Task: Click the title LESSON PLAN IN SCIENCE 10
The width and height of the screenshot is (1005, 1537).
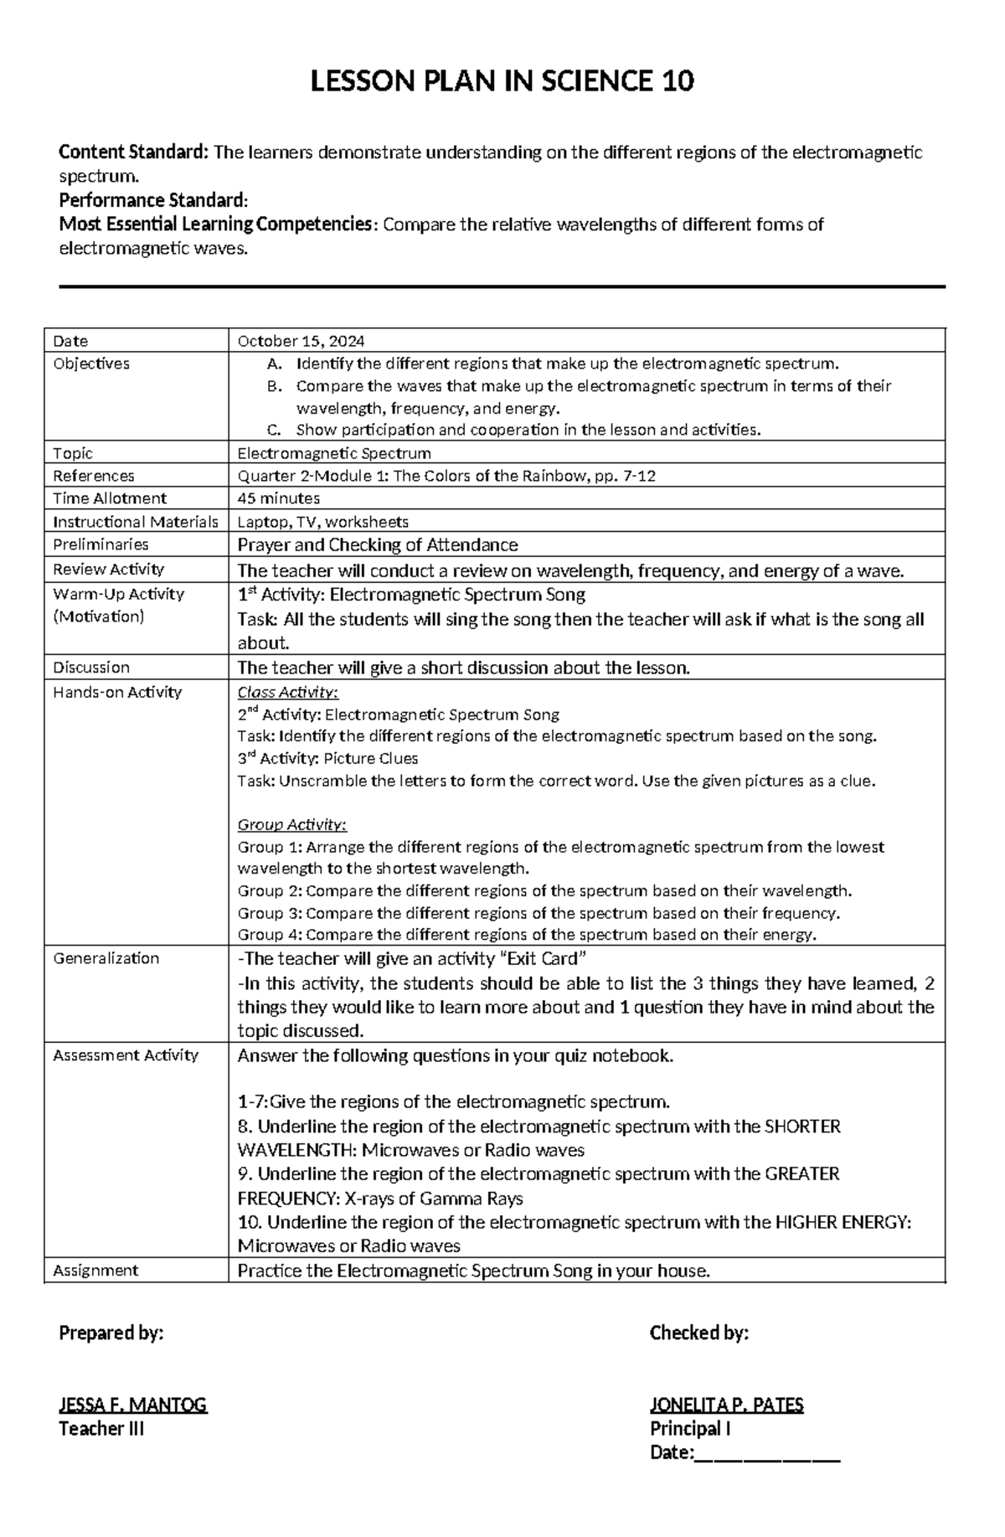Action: click(502, 82)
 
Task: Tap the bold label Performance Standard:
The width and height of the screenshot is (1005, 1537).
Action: click(153, 200)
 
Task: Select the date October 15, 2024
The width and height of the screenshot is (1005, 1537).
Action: click(301, 341)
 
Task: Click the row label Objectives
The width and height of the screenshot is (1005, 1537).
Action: click(91, 364)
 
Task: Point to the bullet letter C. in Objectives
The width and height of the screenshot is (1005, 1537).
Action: click(273, 431)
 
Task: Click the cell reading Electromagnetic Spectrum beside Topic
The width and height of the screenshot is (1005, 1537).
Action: click(334, 453)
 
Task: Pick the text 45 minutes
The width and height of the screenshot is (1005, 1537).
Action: click(279, 498)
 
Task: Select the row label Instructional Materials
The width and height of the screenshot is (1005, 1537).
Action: click(135, 522)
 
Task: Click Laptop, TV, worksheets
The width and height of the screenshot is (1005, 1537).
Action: click(323, 522)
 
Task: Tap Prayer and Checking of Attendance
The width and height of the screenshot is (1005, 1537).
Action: click(378, 545)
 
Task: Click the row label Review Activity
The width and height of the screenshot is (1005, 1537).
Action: click(108, 570)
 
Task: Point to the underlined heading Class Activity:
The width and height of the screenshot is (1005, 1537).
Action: click(287, 693)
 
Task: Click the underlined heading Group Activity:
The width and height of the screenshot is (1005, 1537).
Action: click(291, 824)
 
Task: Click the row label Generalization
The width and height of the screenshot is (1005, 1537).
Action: click(106, 958)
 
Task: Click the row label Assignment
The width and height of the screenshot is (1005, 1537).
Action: click(95, 1271)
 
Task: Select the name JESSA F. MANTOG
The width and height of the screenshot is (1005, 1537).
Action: click(132, 1405)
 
